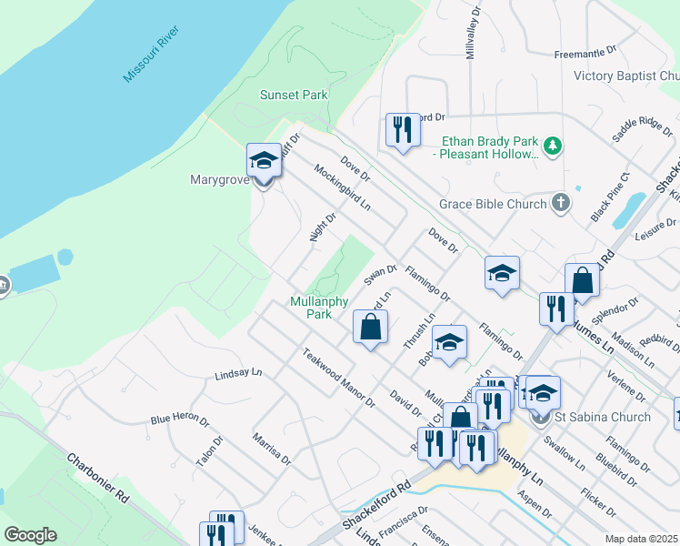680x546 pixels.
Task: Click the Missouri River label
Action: click(155, 54)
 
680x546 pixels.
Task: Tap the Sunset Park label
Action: click(294, 95)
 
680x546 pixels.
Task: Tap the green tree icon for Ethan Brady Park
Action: click(551, 146)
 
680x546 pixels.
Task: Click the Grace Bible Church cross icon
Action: click(561, 204)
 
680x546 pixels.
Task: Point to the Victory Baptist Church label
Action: click(626, 76)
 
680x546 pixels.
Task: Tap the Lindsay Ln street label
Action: click(238, 374)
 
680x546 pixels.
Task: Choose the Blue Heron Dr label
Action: click(180, 420)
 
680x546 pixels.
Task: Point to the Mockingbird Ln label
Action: click(343, 187)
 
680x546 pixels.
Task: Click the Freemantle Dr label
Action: click(585, 54)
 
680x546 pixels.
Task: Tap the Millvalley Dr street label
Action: click(471, 34)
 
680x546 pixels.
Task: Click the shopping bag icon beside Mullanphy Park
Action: click(371, 327)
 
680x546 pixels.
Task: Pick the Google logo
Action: click(30, 535)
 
